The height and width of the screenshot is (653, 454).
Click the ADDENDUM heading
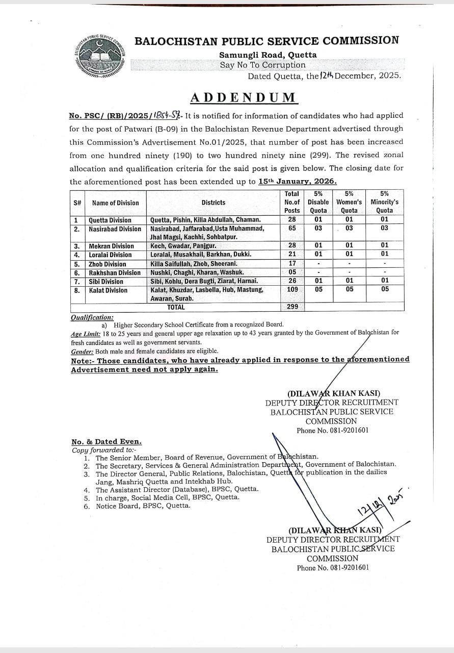pos(243,97)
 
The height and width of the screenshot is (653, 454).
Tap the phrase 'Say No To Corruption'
pos(262,65)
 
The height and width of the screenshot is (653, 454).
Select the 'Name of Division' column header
pos(115,203)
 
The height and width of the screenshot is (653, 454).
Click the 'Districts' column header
pos(213,203)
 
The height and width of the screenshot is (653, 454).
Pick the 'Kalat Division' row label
pos(108,290)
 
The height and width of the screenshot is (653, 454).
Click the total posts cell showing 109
pos(292,289)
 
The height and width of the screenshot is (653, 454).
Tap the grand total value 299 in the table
pos(292,307)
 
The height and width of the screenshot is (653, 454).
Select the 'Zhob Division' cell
pos(107,264)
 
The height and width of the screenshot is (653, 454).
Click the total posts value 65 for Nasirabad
pos(292,229)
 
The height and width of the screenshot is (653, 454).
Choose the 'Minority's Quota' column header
pos(384,202)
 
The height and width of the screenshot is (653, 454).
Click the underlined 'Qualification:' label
pos(92,317)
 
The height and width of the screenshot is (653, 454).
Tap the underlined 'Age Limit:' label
pos(86,333)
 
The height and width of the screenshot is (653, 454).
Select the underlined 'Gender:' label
pos(82,351)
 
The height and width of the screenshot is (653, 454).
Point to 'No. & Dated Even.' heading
pos(106,442)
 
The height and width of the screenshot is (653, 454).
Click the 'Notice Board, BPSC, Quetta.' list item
pos(143,506)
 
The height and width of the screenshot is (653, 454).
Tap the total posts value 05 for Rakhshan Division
pos(292,272)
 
